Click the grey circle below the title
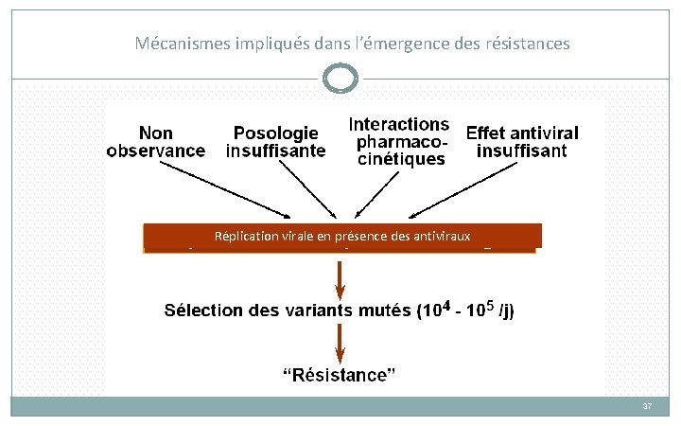point(340,79)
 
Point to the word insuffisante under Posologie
point(275,151)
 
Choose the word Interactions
point(398,124)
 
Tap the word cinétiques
point(400,160)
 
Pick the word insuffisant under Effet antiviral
point(522,151)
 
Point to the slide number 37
point(647,406)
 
